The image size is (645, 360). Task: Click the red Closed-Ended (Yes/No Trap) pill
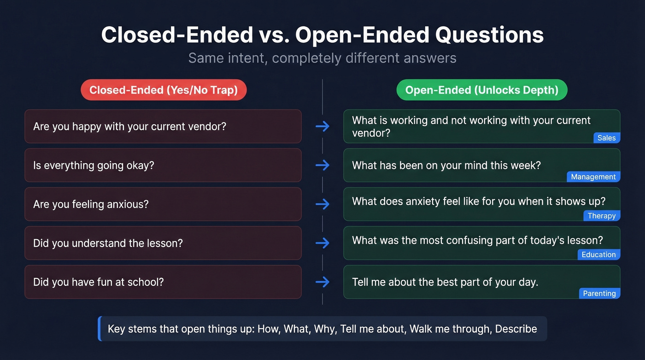pyautogui.click(x=164, y=90)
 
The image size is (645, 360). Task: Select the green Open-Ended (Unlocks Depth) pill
pyautogui.click(x=481, y=90)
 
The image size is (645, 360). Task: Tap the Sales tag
pyautogui.click(x=606, y=138)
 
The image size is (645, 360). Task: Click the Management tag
pyautogui.click(x=593, y=177)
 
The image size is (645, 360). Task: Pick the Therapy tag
pyautogui.click(x=601, y=216)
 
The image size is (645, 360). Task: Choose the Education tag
pyautogui.click(x=598, y=254)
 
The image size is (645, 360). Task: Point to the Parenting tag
pyautogui.click(x=599, y=293)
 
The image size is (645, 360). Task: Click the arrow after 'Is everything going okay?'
pyautogui.click(x=322, y=165)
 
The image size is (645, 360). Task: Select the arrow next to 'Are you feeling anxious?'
pyautogui.click(x=322, y=204)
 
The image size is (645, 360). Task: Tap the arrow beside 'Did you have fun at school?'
pyautogui.click(x=322, y=282)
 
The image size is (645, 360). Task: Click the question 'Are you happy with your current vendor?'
pyautogui.click(x=129, y=126)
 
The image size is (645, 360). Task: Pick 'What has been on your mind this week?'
pyautogui.click(x=446, y=165)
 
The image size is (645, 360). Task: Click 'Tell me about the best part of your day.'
pyautogui.click(x=445, y=282)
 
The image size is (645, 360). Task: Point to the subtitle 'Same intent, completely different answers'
pyautogui.click(x=322, y=58)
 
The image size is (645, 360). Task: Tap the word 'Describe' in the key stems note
pyautogui.click(x=516, y=329)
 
